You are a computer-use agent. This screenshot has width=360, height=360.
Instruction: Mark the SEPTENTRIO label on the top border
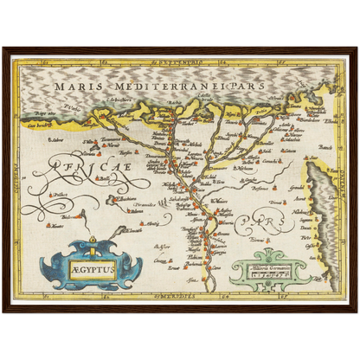(179, 64)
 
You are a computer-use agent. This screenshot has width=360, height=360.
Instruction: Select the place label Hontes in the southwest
(56, 226)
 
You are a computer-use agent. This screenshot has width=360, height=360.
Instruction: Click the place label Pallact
(61, 195)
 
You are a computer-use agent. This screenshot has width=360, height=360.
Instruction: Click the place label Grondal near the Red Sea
(296, 186)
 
